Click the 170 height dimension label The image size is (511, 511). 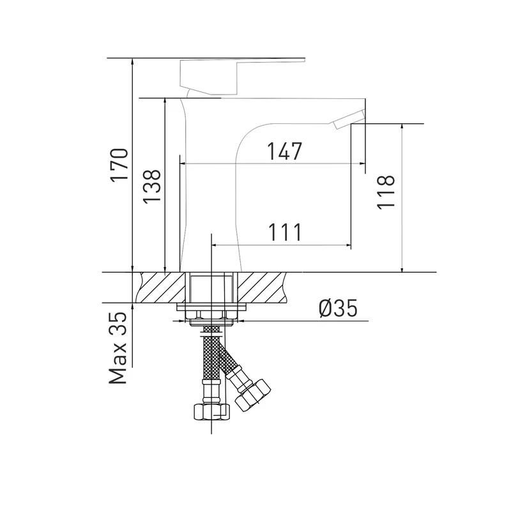[x=119, y=165]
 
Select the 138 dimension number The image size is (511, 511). [x=152, y=186]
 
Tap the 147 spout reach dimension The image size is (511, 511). [x=285, y=151]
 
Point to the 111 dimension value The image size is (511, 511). [x=285, y=232]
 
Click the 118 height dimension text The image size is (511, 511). [x=386, y=192]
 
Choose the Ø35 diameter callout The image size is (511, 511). [x=339, y=309]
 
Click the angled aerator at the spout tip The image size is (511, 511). [x=348, y=120]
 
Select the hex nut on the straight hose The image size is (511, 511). [x=212, y=411]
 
